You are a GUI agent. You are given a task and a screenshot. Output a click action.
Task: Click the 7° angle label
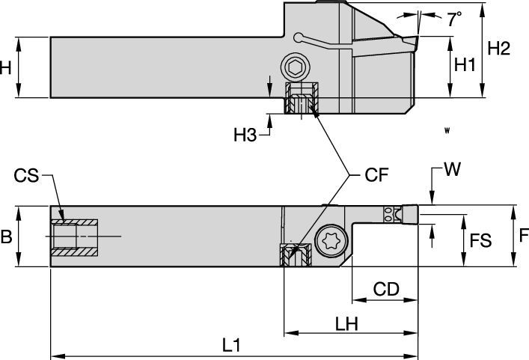tap(454, 20)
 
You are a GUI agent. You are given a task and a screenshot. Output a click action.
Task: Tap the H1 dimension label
tap(465, 65)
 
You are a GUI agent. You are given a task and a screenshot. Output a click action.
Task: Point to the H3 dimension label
tap(245, 135)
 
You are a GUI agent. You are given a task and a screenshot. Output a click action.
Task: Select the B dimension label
tap(7, 237)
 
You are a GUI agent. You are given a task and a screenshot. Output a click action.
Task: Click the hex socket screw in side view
tap(296, 69)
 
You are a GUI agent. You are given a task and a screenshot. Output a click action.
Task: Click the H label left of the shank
tap(6, 67)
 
